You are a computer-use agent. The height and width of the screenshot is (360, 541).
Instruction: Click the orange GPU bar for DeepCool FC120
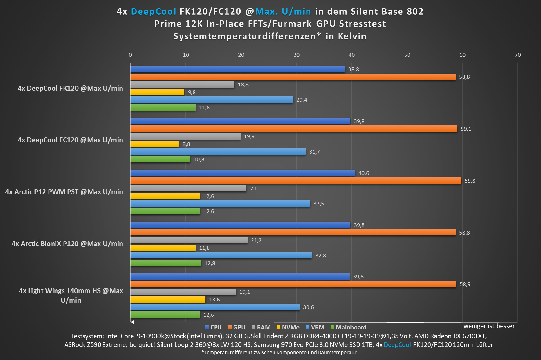pyautogui.click(x=294, y=129)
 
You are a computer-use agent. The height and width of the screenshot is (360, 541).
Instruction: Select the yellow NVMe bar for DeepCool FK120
pyautogui.click(x=158, y=92)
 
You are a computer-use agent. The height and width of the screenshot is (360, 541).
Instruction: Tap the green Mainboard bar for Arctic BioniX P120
pyautogui.click(x=166, y=263)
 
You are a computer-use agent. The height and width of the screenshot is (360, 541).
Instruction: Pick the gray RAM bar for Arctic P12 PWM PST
pyautogui.click(x=188, y=188)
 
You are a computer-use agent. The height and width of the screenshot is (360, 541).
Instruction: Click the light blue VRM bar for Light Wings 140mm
pyautogui.click(x=215, y=307)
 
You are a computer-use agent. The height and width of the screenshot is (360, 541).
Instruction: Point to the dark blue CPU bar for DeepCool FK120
pyautogui.click(x=238, y=69)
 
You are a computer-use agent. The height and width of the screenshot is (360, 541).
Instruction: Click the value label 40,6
pyautogui.click(x=364, y=173)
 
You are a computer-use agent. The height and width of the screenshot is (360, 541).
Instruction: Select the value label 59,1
pyautogui.click(x=466, y=129)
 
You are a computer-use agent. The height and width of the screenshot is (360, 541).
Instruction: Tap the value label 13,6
pyautogui.click(x=214, y=300)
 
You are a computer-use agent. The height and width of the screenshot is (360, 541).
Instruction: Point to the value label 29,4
pyautogui.click(x=302, y=100)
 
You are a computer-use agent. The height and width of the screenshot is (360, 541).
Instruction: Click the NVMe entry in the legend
pyautogui.click(x=288, y=327)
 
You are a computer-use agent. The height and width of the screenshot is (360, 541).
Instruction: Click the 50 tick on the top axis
pyautogui.click(x=407, y=55)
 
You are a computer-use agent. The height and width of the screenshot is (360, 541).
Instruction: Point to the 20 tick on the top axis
pyautogui.click(x=241, y=55)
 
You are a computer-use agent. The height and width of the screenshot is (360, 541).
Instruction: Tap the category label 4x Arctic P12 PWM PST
pyautogui.click(x=64, y=192)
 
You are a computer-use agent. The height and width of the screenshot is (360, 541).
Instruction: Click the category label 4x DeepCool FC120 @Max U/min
pyautogui.click(x=70, y=140)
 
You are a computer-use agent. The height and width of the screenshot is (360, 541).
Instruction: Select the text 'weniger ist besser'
pyautogui.click(x=489, y=326)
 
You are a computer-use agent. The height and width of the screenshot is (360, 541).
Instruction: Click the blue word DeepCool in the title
pyautogui.click(x=153, y=12)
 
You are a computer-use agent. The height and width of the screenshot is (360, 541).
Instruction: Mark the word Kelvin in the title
pyautogui.click(x=352, y=36)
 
